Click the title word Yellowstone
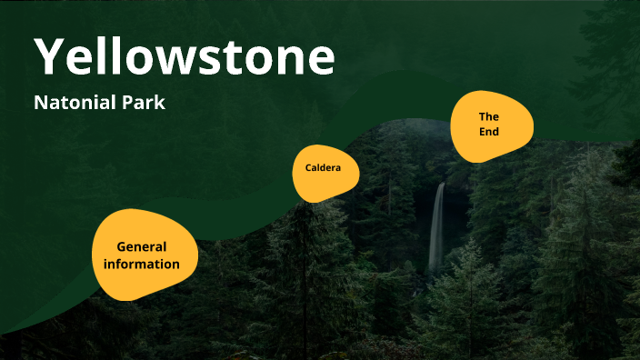pyautogui.click(x=185, y=56)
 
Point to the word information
pyautogui.click(x=141, y=264)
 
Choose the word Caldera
pyautogui.click(x=323, y=168)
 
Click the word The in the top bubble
pyautogui.click(x=489, y=116)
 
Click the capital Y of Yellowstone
pyautogui.click(x=51, y=56)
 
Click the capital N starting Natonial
pyautogui.click(x=39, y=103)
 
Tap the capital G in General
pyautogui.click(x=121, y=246)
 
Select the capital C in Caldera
pyautogui.click(x=309, y=168)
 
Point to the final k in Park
pyautogui.click(x=160, y=103)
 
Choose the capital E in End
pyautogui.click(x=483, y=132)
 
